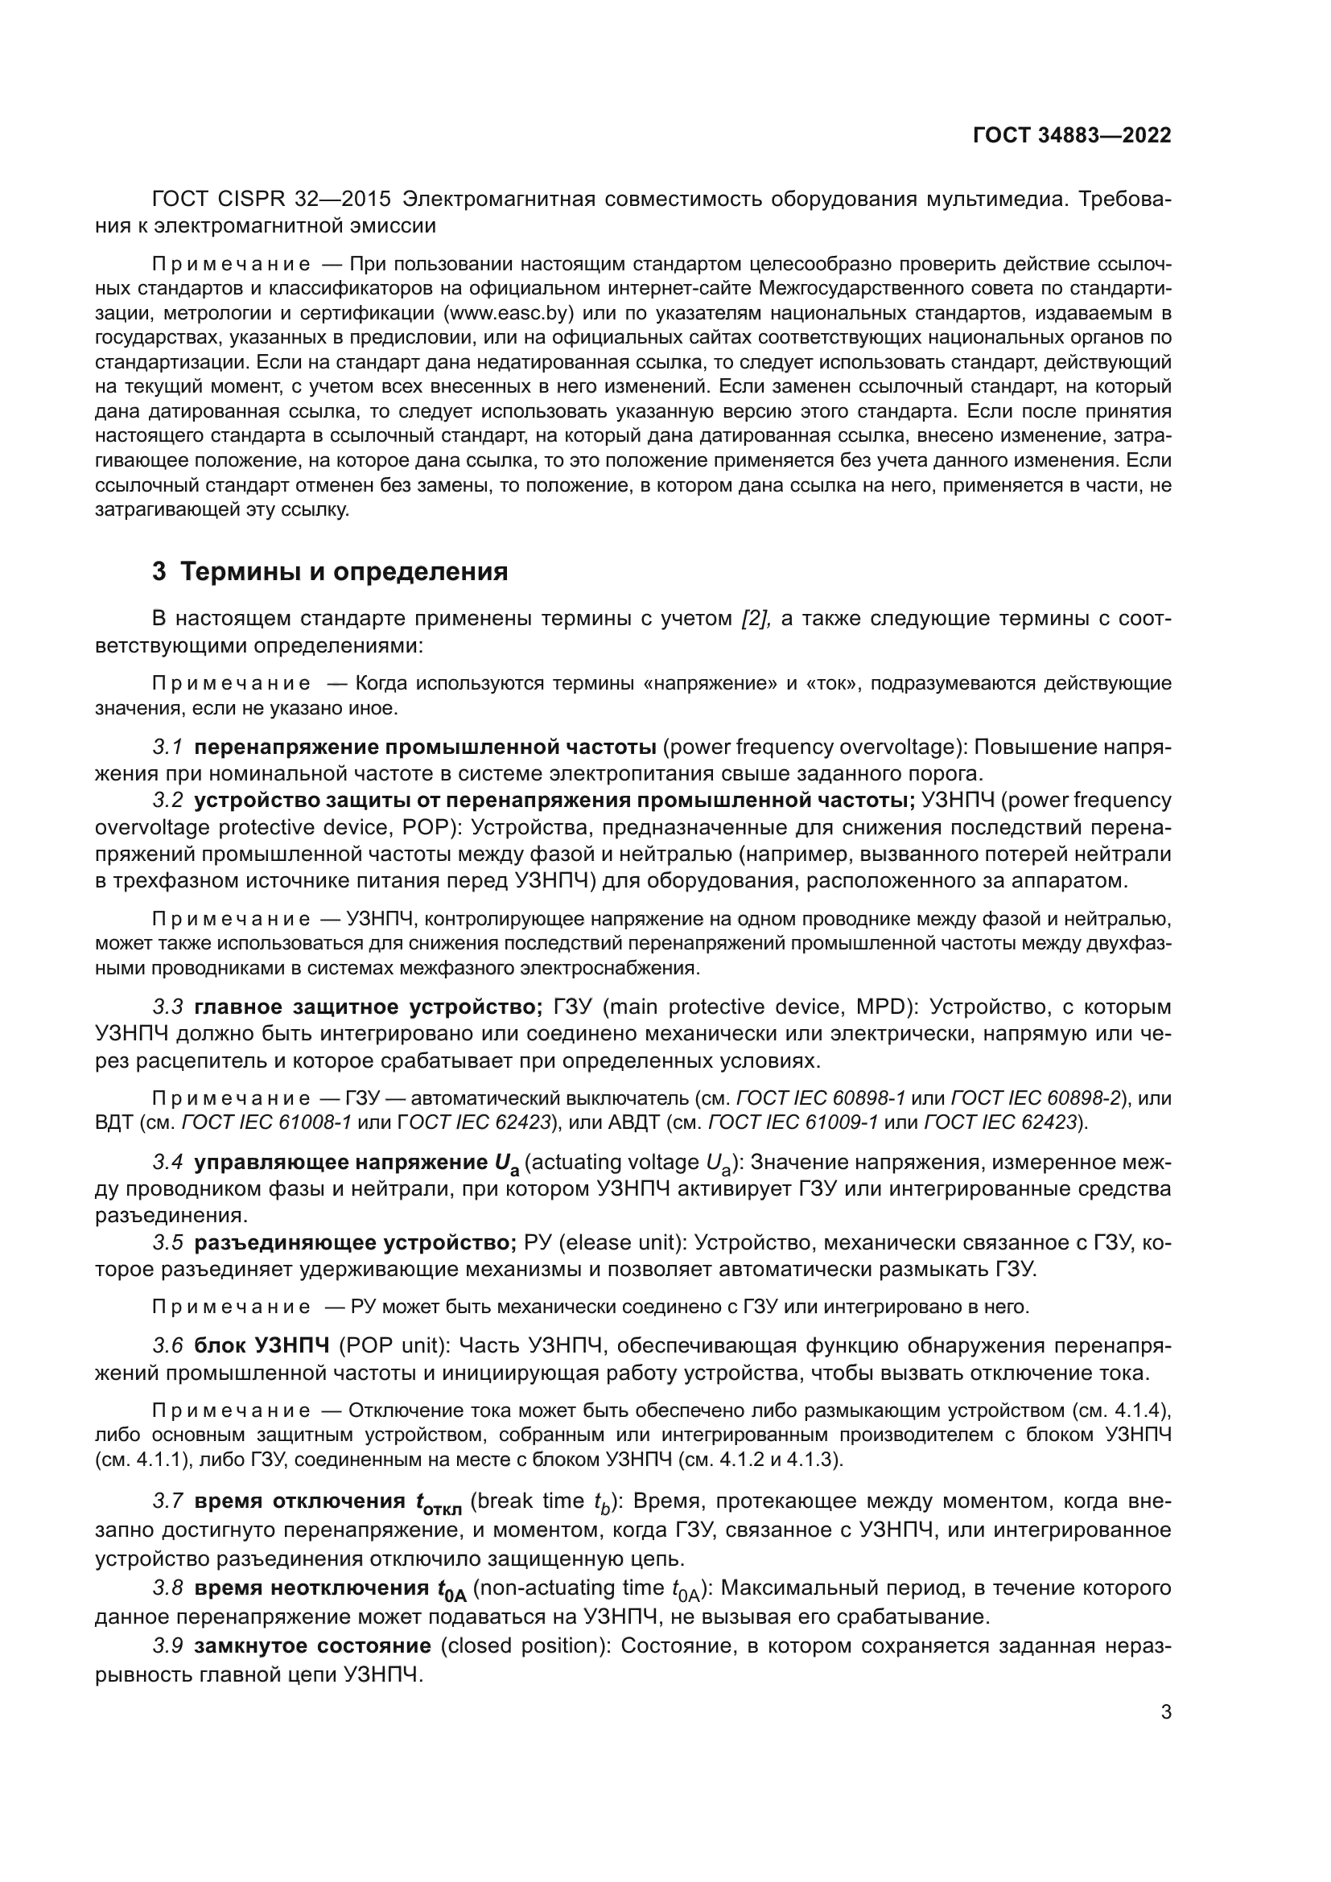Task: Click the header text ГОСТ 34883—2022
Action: point(1072,135)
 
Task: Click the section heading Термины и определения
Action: point(344,571)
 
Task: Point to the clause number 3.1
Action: point(167,747)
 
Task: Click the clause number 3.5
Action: point(167,1242)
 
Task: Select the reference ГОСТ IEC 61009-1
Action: point(792,1122)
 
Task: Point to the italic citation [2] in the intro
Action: point(754,618)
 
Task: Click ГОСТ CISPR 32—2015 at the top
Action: point(271,200)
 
